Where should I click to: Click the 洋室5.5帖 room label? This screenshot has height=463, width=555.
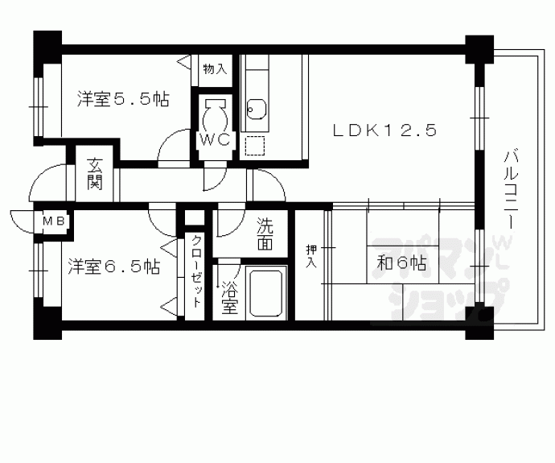(x=122, y=101)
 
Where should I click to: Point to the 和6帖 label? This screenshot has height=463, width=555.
(x=401, y=262)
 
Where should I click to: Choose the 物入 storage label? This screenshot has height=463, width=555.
(x=214, y=70)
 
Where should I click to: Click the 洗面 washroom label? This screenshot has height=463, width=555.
(x=267, y=233)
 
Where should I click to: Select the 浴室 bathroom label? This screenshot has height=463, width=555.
(x=230, y=297)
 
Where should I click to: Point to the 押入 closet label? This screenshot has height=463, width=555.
(x=310, y=256)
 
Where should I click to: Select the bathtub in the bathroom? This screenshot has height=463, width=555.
(x=267, y=293)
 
